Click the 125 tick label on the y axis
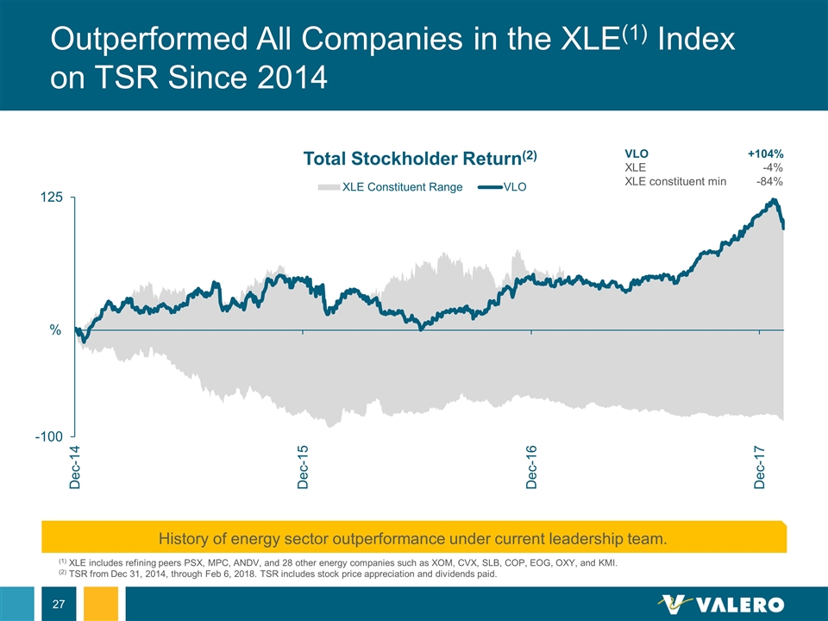[51, 198]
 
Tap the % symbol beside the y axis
[55, 330]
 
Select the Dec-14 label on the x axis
[75, 468]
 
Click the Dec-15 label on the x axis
[303, 468]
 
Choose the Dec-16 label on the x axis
[531, 468]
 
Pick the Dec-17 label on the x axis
[760, 468]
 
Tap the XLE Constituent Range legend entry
[390, 186]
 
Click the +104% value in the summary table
[765, 154]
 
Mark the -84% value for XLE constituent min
[769, 181]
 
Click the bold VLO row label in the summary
[637, 154]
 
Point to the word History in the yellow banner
[187, 539]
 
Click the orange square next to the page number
[105, 604]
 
